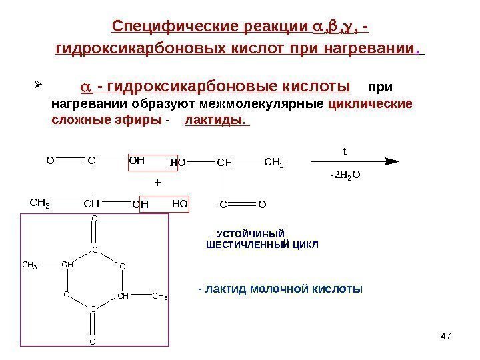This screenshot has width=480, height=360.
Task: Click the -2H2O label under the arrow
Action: (345, 175)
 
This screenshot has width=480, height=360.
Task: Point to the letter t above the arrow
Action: (345, 151)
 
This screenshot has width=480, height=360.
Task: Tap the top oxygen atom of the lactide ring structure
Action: (94, 218)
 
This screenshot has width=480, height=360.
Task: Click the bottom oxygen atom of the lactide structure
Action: (93, 342)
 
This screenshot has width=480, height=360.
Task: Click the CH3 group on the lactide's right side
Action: (159, 296)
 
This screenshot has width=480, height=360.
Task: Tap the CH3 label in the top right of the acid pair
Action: (273, 162)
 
